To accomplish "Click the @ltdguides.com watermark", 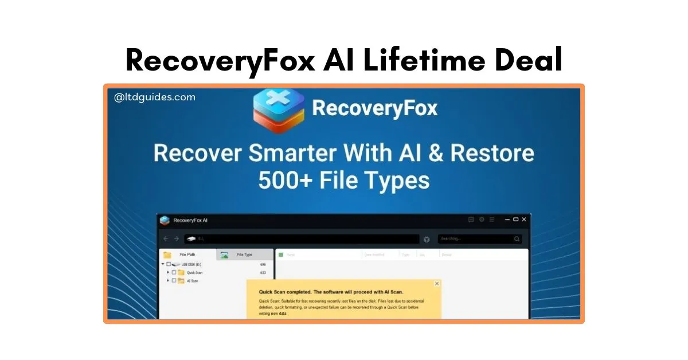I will [x=155, y=97].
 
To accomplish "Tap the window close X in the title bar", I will [x=524, y=219].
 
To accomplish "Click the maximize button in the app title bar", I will [x=515, y=219].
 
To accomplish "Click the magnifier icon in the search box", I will [x=517, y=239].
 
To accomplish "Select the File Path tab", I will [x=187, y=255].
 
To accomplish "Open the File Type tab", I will [x=244, y=255].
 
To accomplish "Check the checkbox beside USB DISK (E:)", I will [x=169, y=264].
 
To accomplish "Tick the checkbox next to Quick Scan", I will [x=174, y=272].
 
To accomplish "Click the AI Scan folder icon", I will [x=181, y=281].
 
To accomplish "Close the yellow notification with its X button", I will [x=437, y=283].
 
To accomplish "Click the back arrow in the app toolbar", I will [x=166, y=238].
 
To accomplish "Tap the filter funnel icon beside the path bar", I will [x=427, y=239].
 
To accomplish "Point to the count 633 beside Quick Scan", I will [x=263, y=272].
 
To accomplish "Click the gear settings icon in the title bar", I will [x=482, y=219].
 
